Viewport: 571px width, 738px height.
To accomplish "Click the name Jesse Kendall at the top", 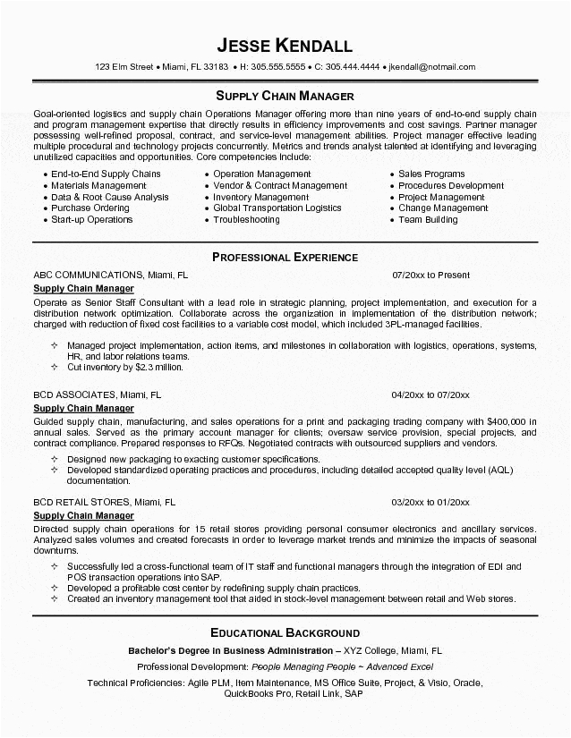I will [x=285, y=45].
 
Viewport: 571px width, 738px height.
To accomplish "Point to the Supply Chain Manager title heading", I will [x=285, y=95].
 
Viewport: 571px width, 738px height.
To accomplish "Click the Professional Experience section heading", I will [x=285, y=257].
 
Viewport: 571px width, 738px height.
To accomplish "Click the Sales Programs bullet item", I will [x=431, y=174].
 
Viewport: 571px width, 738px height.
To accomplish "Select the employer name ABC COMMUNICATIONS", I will [x=88, y=276].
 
